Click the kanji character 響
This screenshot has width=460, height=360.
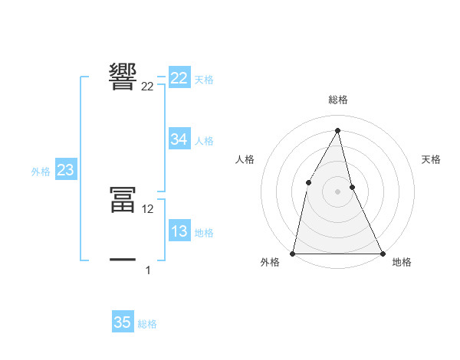123,77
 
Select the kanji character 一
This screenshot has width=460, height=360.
123,260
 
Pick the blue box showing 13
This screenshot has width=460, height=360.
179,231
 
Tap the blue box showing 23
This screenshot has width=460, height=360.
65,170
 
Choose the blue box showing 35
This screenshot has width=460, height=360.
123,322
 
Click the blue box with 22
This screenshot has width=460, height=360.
179,77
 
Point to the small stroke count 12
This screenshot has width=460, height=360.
149,209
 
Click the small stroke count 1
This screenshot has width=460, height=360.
148,270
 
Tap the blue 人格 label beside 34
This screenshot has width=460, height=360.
204,141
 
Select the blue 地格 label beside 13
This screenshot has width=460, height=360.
204,233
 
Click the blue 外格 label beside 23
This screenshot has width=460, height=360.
41,172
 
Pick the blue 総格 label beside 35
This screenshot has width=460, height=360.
147,324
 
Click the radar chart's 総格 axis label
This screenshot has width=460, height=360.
338,100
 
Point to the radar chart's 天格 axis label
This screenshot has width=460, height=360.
432,159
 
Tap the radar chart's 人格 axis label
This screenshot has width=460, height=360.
245,159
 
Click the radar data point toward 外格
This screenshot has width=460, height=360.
294,253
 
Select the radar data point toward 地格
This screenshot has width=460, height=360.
382,253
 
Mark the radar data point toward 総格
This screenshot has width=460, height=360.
338,130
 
